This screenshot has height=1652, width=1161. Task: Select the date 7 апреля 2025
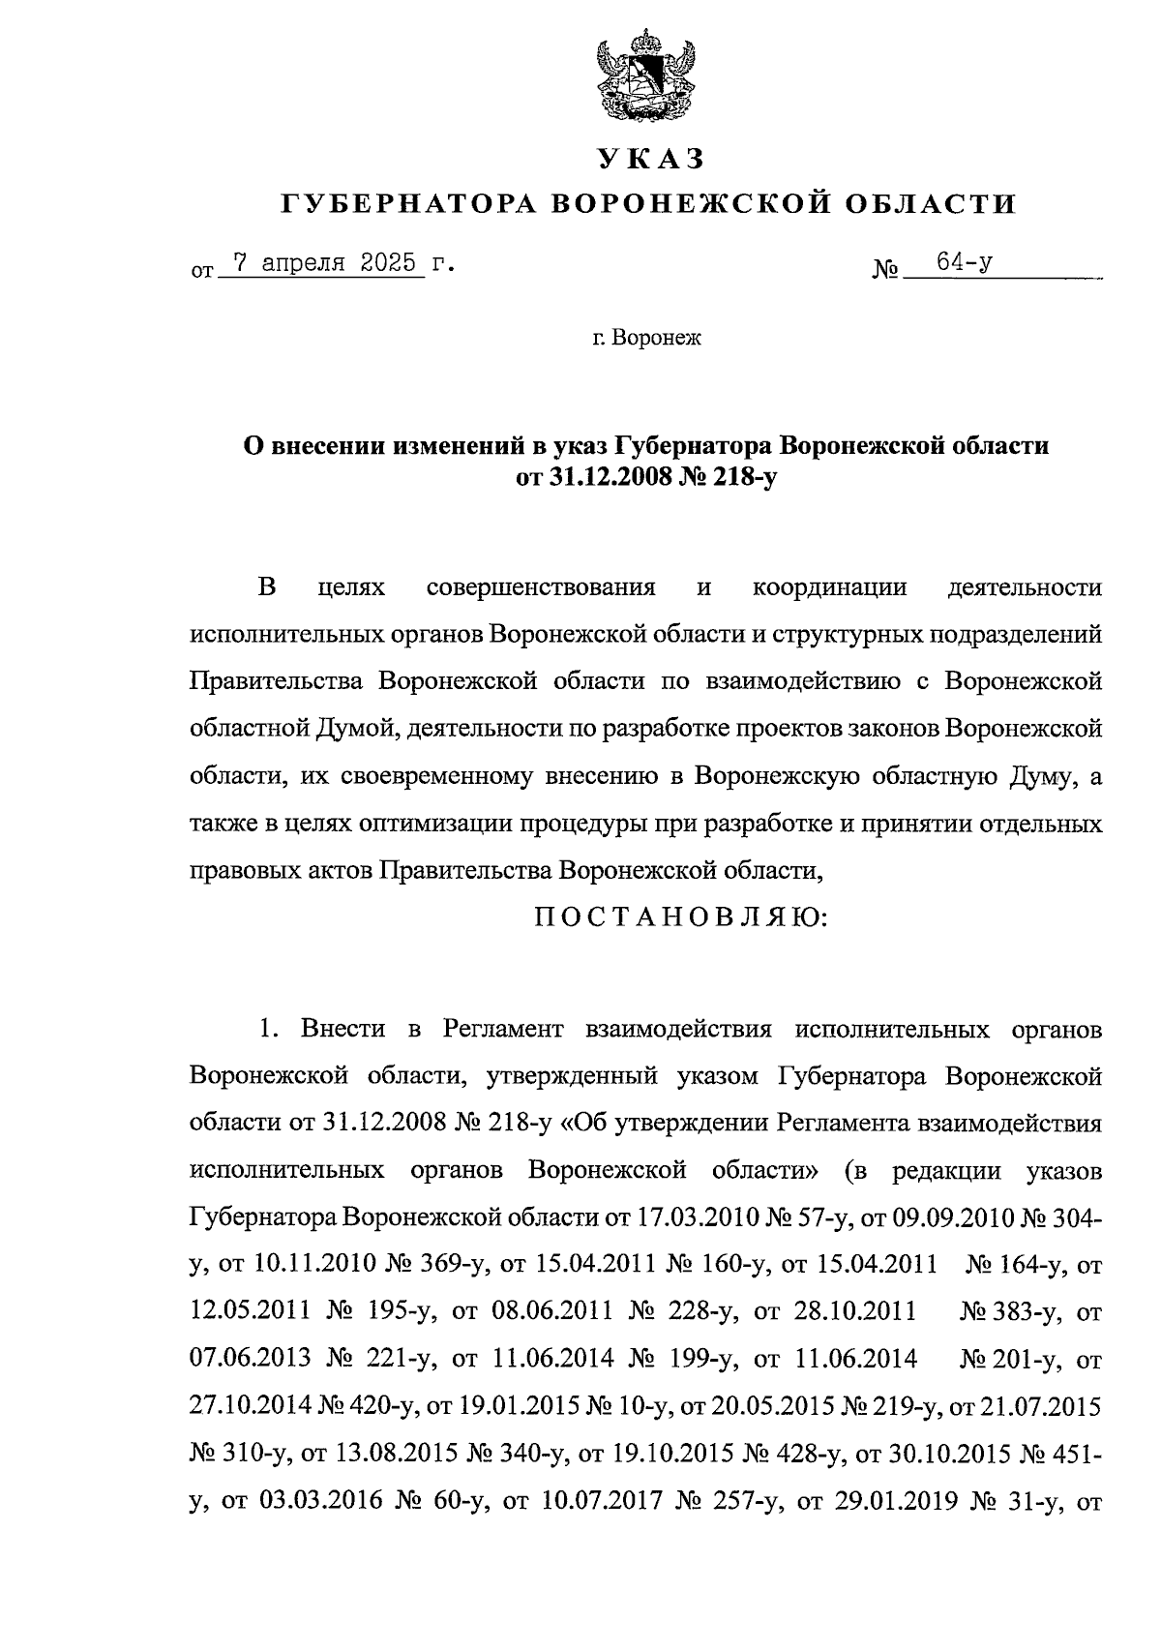[x=322, y=263]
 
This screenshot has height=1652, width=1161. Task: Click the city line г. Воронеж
[x=646, y=338]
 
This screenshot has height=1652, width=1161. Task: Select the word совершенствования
[x=541, y=587]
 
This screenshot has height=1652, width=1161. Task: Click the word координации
[x=830, y=587]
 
